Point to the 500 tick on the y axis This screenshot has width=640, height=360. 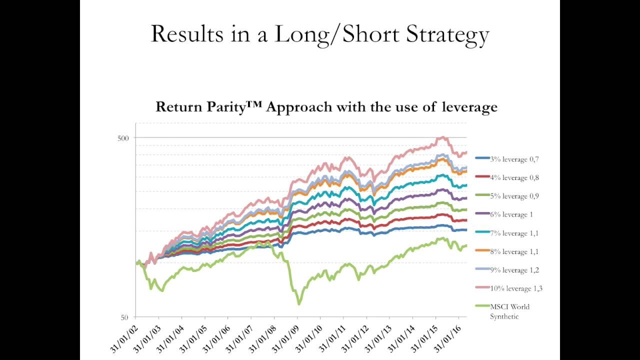(123, 138)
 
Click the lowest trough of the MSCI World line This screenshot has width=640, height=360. (299, 303)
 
